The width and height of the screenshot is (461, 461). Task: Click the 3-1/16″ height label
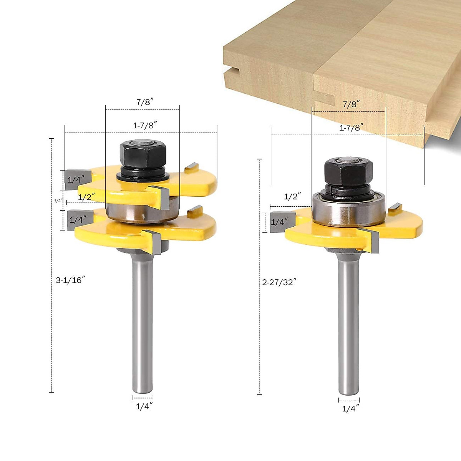tap(70, 280)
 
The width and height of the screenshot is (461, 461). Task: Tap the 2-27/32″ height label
tap(279, 282)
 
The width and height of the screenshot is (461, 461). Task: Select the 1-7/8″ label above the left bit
tap(145, 125)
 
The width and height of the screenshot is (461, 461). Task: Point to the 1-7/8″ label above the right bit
tap(351, 128)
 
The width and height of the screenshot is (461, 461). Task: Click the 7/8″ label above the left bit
tap(145, 102)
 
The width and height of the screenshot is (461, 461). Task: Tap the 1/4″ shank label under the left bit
tap(144, 406)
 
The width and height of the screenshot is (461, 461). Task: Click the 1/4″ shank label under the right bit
tap(350, 408)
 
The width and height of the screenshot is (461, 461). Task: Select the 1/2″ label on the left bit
tap(86, 197)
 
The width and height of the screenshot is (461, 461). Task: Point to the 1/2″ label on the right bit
tap(292, 197)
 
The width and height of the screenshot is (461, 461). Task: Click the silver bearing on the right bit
tap(348, 209)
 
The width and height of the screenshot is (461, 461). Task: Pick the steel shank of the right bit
tap(348, 327)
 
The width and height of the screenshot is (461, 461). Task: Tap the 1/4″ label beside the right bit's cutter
tap(279, 222)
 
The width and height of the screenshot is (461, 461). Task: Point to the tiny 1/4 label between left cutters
tap(57, 201)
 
